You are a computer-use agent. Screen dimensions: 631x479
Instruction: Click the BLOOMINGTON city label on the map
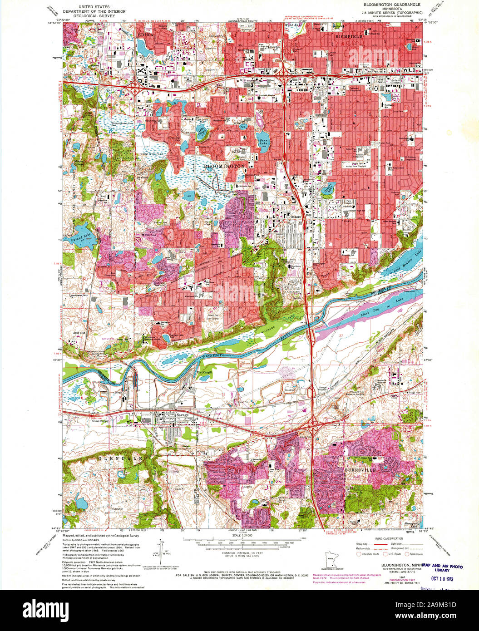[x=224, y=167]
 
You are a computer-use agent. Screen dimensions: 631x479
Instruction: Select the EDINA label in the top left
[x=146, y=35]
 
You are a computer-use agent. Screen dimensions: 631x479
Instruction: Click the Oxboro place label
[x=296, y=217]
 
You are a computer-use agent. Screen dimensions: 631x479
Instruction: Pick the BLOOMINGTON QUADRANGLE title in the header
[x=392, y=4]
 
